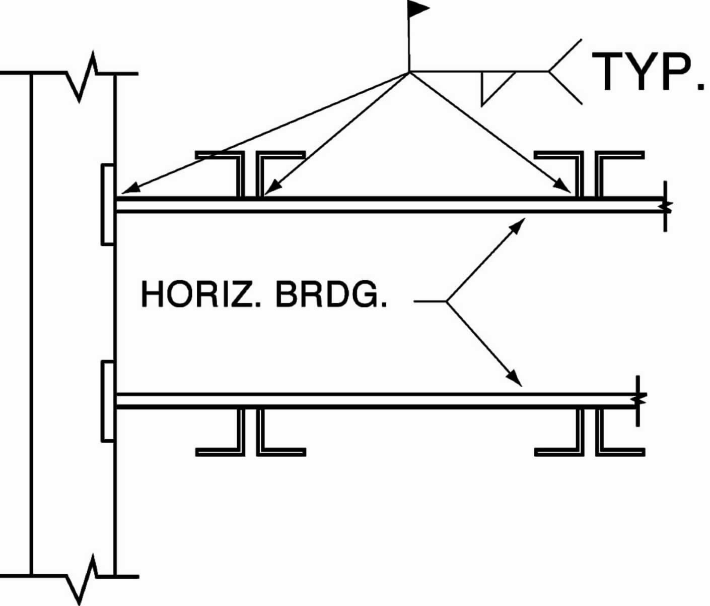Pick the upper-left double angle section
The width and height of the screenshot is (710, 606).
click(250, 171)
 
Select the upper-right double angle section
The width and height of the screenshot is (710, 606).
click(589, 171)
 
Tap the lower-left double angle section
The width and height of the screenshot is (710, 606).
click(250, 434)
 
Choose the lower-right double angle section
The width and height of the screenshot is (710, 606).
click(589, 434)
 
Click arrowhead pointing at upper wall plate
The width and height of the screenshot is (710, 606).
click(128, 190)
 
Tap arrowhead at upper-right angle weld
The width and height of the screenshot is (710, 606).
click(565, 188)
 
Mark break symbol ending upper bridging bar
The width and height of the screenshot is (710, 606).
click(666, 205)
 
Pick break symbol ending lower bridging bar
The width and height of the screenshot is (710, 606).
click(638, 400)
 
